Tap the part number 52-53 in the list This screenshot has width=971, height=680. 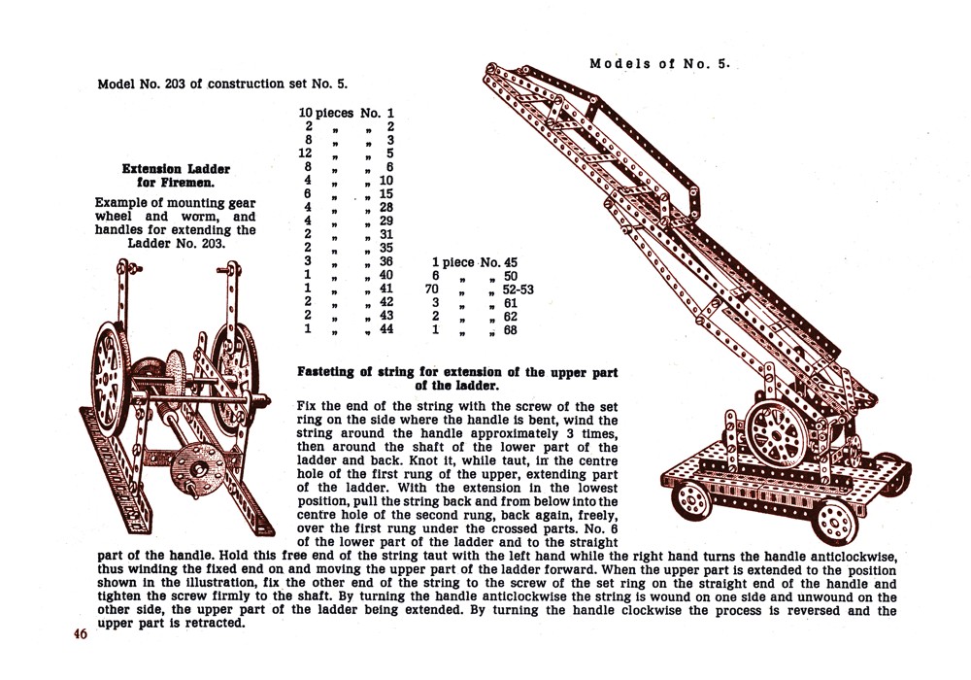coord(518,289)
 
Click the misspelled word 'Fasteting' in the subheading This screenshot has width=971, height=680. coord(332,372)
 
